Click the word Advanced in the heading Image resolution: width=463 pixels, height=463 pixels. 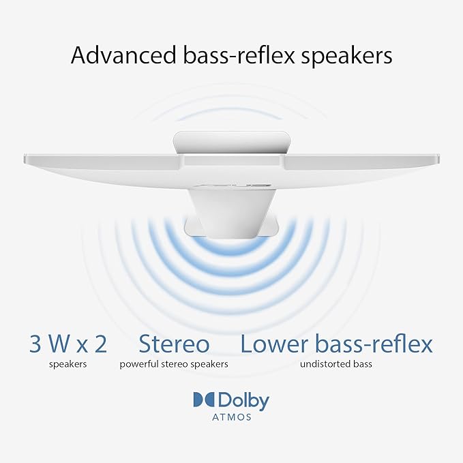123,55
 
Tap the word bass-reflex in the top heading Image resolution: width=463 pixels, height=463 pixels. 239,55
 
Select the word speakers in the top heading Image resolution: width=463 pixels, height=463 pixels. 346,57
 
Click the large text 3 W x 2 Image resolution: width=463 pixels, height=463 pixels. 68,344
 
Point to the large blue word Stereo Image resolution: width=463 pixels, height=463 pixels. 174,344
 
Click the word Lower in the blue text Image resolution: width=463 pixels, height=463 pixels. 274,344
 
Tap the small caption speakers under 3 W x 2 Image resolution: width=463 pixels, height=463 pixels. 68,364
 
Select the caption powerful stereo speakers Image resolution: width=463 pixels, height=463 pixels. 174,364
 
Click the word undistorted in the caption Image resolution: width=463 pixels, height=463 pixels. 323,364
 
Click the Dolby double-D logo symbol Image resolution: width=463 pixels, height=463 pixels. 205,399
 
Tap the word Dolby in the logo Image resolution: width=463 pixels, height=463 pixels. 243,401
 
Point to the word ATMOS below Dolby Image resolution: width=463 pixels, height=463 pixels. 232,417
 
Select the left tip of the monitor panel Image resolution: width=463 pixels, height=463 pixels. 25,159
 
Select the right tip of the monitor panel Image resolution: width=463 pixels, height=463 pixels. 438,159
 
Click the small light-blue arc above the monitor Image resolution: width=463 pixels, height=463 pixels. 229,113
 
